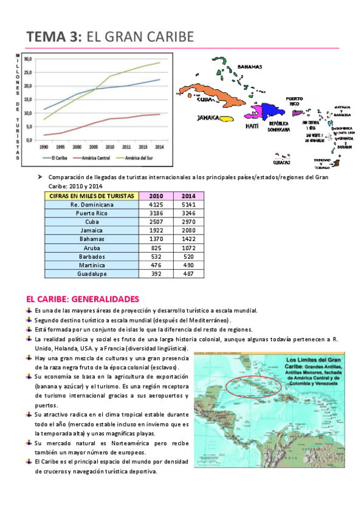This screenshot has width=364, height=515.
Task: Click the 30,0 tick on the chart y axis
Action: [28, 60]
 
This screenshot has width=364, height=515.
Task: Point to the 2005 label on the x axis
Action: [94, 147]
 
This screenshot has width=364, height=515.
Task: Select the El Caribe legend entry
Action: [59, 158]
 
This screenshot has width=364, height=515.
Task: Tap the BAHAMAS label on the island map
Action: [250, 67]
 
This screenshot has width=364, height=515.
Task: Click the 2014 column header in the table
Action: [188, 196]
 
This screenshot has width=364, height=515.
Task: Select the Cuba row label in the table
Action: [91, 222]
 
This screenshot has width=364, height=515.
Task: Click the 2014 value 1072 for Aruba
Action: [188, 248]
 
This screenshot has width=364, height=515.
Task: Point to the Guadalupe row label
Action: [91, 274]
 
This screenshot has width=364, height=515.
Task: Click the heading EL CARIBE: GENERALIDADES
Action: [83, 299]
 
